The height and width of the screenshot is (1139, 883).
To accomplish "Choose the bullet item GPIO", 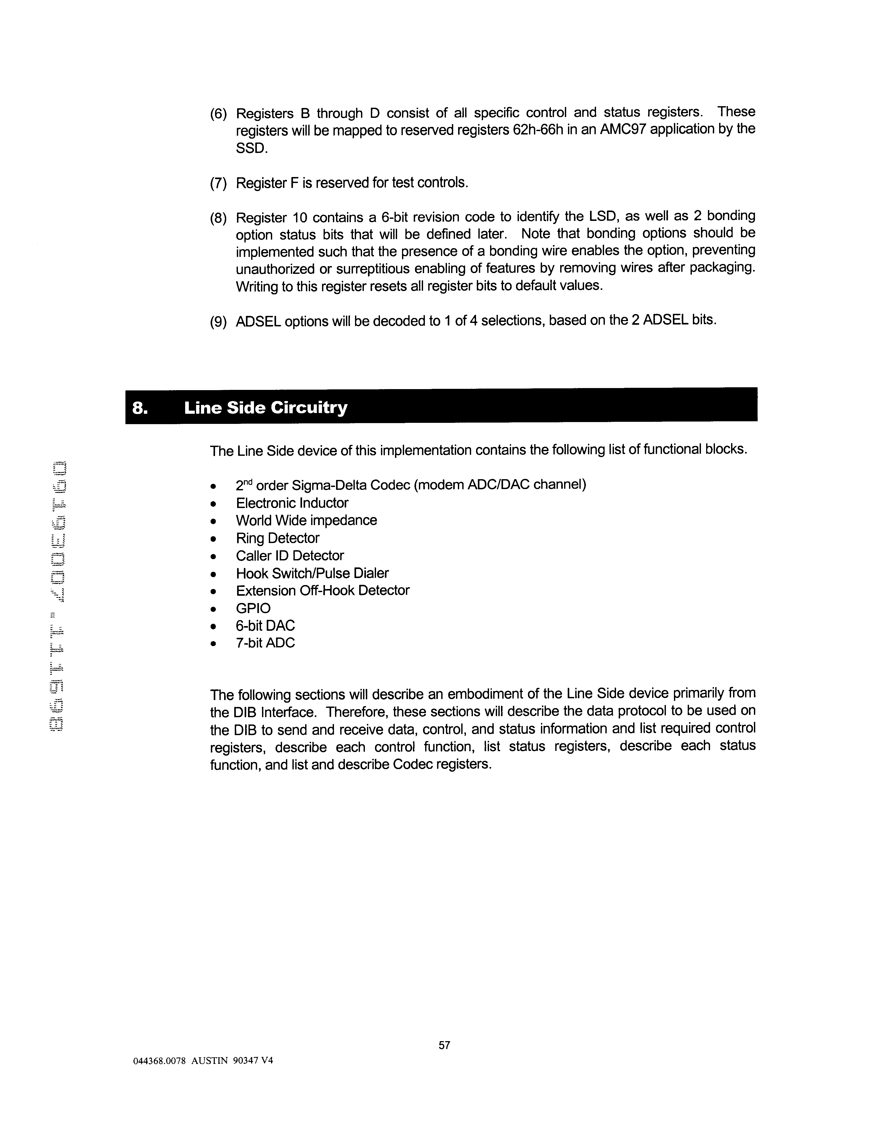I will click(253, 608).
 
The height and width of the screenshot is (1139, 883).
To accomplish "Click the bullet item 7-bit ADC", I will click(265, 643).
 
